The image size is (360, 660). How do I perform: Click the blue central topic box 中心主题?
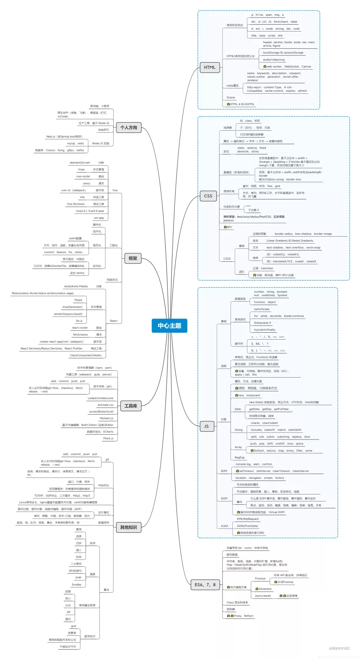(169, 325)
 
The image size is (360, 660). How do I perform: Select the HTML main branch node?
(209, 67)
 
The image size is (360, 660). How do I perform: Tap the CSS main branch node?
(208, 196)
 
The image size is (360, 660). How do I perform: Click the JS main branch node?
(206, 426)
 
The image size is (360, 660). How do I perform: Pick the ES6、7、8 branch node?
(205, 585)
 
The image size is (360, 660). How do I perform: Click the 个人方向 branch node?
(129, 128)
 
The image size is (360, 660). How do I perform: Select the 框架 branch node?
(133, 259)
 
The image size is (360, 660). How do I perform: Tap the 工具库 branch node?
(131, 406)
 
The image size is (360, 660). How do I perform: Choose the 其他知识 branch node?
(128, 527)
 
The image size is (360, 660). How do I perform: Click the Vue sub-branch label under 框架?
(115, 190)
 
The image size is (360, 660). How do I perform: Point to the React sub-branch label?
(114, 321)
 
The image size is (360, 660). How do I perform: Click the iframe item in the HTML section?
(231, 98)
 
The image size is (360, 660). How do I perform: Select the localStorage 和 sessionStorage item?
(283, 53)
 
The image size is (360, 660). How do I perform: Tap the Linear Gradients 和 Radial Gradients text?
(290, 241)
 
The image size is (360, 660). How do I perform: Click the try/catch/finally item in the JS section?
(265, 330)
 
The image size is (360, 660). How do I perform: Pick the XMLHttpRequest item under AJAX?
(248, 519)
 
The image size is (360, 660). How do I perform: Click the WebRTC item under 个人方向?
(104, 130)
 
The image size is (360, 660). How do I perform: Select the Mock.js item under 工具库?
(108, 438)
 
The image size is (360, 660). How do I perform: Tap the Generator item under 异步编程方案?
(265, 589)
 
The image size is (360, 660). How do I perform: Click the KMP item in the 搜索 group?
(78, 578)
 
